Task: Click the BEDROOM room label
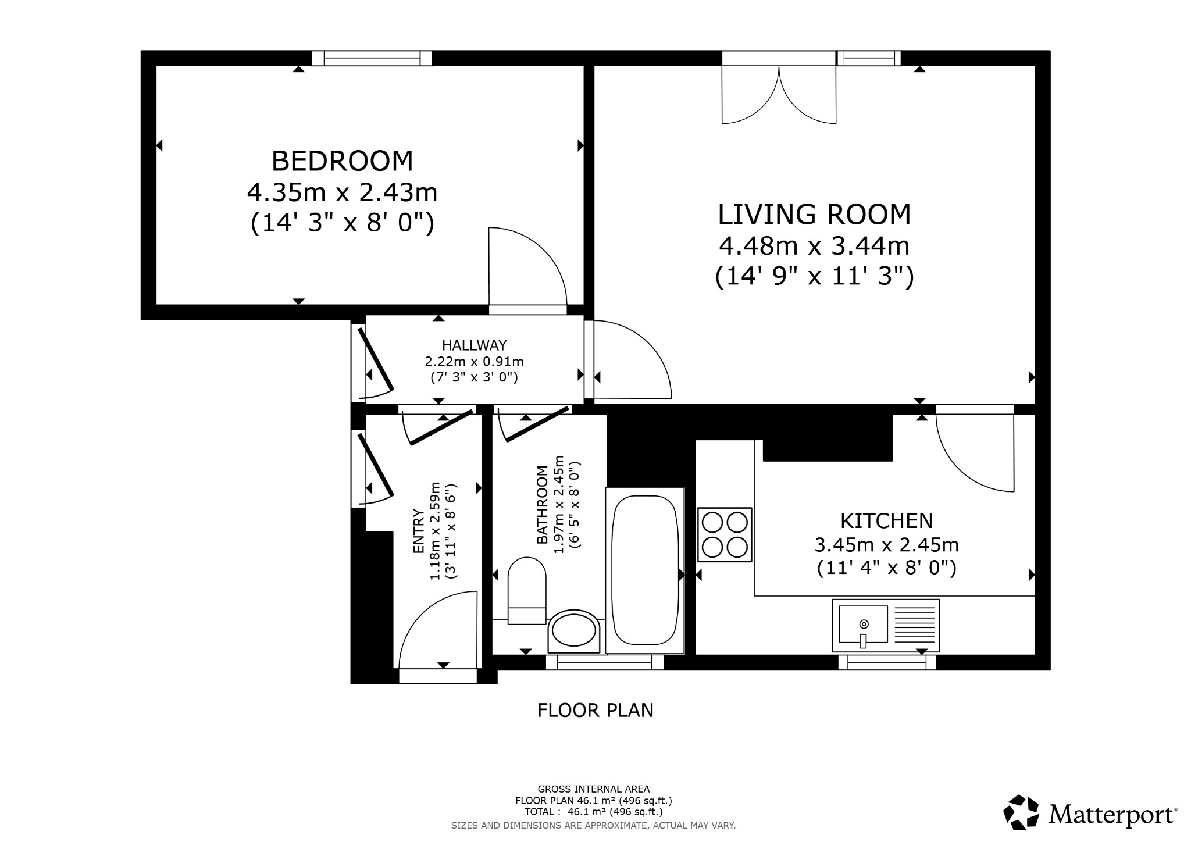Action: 342,161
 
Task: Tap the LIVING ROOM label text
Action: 814,214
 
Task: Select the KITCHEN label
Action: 886,520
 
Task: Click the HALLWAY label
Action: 474,345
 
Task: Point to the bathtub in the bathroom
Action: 645,570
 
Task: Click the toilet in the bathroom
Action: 527,590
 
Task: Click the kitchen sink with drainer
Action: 885,626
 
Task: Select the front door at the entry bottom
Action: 437,634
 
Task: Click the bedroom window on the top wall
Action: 372,58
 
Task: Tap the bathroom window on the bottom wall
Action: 605,662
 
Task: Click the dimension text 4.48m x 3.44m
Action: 814,246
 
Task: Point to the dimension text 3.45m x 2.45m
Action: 886,545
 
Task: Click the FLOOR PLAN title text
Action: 595,711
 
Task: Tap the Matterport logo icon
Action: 1021,812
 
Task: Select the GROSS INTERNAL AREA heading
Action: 593,789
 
